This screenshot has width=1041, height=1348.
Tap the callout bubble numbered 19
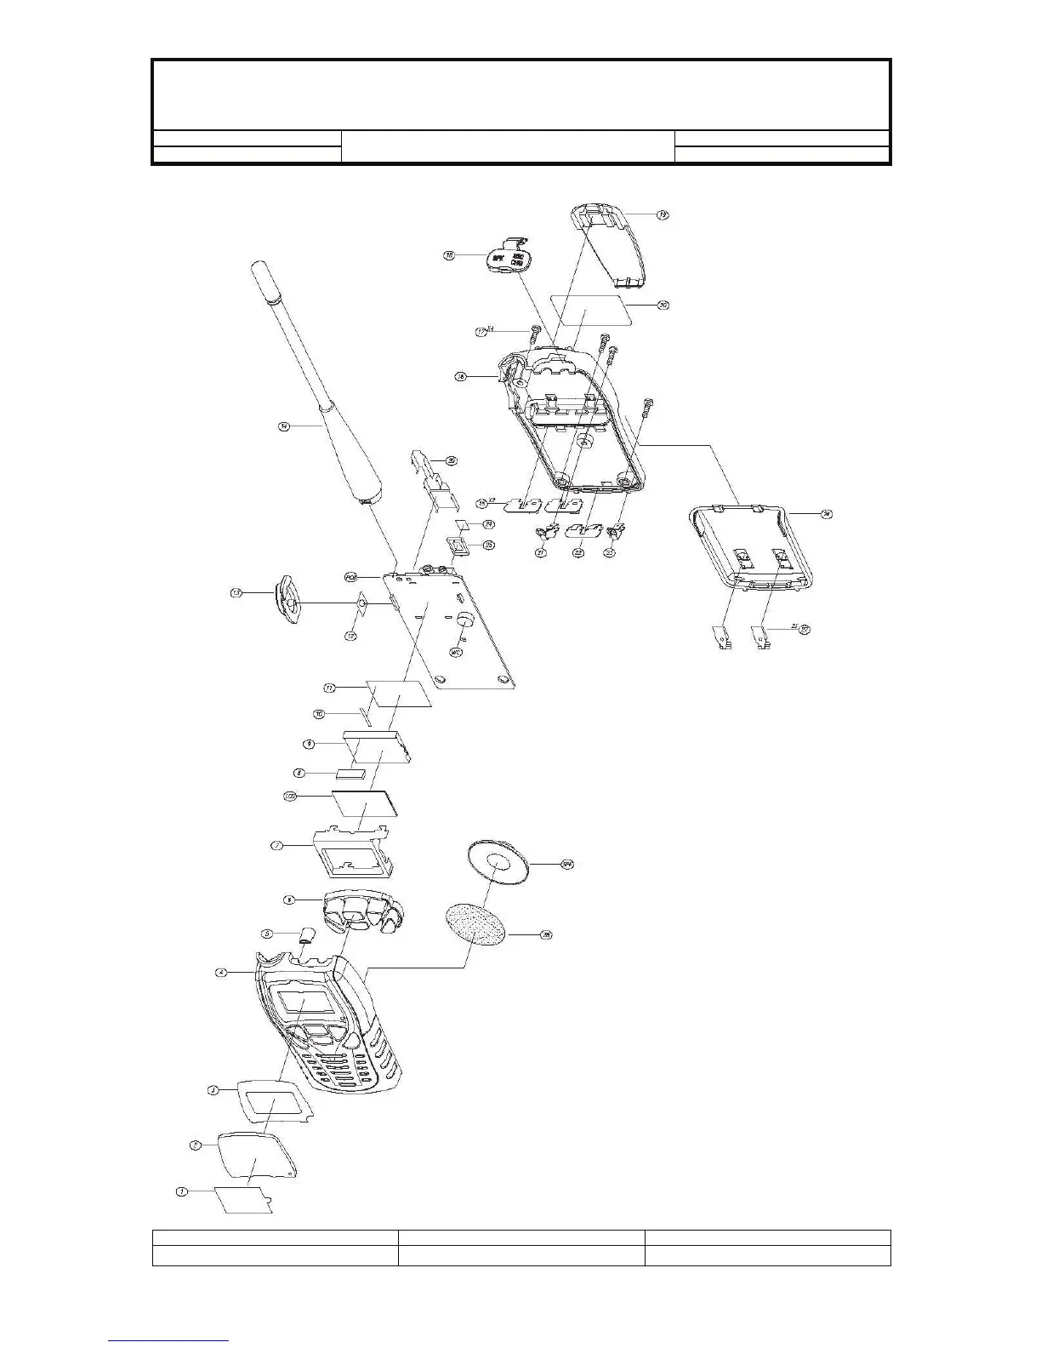pyautogui.click(x=663, y=215)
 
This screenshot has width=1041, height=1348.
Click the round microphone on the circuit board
pyautogui.click(x=465, y=620)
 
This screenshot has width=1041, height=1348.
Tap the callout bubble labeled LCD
pyautogui.click(x=290, y=797)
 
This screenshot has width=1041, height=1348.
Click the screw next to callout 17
pyautogui.click(x=533, y=333)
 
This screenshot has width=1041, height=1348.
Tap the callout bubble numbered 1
pyautogui.click(x=181, y=1191)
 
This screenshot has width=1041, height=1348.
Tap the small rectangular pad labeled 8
pyautogui.click(x=350, y=774)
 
